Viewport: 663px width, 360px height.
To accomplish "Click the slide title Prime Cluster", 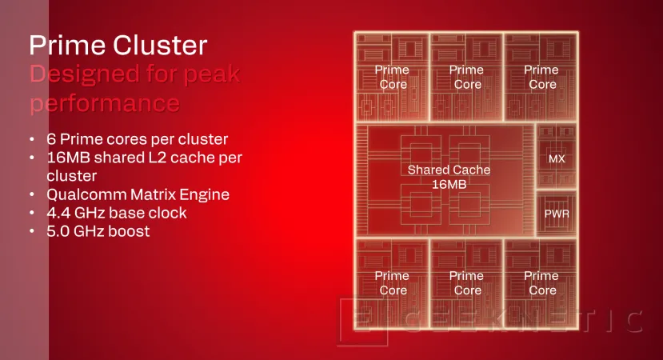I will pyautogui.click(x=118, y=46).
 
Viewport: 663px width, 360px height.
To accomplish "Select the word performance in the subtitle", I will pyautogui.click(x=104, y=103).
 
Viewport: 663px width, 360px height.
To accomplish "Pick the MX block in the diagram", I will pyautogui.click(x=556, y=159).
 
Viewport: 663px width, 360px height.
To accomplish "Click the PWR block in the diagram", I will pyautogui.click(x=556, y=214).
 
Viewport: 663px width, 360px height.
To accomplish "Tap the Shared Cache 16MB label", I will pyautogui.click(x=448, y=177).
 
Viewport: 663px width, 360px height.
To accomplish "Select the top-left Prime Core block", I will pyautogui.click(x=392, y=77).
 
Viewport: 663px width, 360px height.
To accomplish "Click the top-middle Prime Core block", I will pyautogui.click(x=466, y=77).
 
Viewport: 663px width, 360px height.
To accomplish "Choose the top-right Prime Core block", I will pyautogui.click(x=541, y=77).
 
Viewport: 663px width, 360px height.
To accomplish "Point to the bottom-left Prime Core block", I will pyautogui.click(x=392, y=282).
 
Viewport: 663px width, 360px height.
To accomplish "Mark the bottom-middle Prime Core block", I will pyautogui.click(x=466, y=282).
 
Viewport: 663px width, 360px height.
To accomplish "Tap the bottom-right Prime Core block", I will pyautogui.click(x=541, y=282).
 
